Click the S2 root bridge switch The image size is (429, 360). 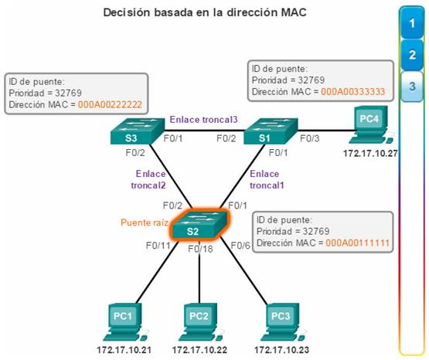[x=199, y=225]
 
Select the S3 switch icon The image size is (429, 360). [x=138, y=131]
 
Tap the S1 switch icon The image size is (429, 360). [x=271, y=131]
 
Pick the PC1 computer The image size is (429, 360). [x=125, y=322]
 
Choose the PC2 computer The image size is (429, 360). [x=201, y=322]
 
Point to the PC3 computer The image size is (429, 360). [x=283, y=322]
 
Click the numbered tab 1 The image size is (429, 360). [x=411, y=23]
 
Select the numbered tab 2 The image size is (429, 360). [x=411, y=55]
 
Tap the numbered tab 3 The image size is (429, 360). [x=411, y=87]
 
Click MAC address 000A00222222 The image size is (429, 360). [x=110, y=104]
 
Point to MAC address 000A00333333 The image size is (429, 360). [x=353, y=92]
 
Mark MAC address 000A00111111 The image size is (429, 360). [x=358, y=243]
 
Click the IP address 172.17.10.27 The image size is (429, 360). [x=370, y=154]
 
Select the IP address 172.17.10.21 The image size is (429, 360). [x=124, y=350]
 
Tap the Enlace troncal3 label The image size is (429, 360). [x=204, y=120]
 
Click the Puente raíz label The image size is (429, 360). [x=145, y=222]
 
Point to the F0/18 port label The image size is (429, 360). [x=200, y=249]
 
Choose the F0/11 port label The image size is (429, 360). [x=158, y=246]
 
